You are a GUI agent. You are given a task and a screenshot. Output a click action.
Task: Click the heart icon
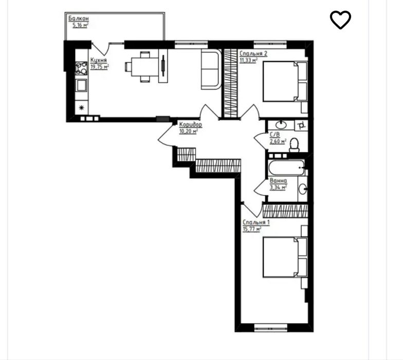340,20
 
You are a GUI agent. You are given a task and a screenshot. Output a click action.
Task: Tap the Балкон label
78,19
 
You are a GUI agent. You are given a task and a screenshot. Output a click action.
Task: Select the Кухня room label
99,60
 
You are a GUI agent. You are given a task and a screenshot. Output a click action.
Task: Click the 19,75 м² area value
100,67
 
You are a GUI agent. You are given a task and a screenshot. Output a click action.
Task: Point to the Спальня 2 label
253,53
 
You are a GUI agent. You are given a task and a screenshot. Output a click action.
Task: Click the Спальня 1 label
256,222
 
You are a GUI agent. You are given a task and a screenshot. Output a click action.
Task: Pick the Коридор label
190,124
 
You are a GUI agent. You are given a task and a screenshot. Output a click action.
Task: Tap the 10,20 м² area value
188,132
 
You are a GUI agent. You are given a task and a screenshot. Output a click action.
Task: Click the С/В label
274,135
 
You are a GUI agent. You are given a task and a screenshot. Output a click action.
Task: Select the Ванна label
278,181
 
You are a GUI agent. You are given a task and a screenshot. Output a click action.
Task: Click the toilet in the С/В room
294,145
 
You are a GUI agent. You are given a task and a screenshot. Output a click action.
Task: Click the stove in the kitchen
81,68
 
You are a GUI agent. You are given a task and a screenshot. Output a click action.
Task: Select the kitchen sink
81,85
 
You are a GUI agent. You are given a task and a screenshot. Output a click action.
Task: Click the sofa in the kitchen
211,69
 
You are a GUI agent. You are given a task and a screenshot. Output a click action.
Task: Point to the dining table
144,67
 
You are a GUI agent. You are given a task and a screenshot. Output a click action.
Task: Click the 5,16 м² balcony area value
80,25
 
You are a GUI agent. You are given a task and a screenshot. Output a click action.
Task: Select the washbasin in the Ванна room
303,189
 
